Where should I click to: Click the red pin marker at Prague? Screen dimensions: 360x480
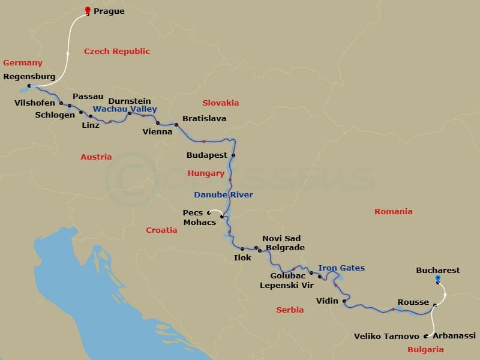pos(88,10)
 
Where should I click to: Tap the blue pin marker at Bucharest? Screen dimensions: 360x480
pos(437,278)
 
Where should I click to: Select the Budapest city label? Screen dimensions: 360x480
pos(207,155)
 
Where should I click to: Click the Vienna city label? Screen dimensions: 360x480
pos(157,132)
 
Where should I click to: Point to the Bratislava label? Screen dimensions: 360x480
pos(204,119)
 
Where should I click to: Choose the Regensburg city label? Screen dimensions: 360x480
pos(29,77)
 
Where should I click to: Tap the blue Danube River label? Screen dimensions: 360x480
pos(223,195)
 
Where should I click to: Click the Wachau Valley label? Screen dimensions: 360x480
pos(125,109)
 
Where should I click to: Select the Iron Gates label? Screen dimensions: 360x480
pos(341,268)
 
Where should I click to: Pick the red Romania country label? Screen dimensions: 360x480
pos(393,212)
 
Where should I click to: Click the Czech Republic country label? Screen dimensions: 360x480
pos(117,52)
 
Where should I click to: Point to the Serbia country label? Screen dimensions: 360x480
pos(290,310)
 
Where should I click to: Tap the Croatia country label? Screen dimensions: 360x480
pos(161,230)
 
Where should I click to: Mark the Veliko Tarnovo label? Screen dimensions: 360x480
pos(386,337)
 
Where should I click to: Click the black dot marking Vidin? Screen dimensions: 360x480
pos(344,301)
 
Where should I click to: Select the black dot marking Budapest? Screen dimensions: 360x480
pos(233,156)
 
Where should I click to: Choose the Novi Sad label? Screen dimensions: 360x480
pos(281,239)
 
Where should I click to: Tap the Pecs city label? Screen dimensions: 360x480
pos(193,212)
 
